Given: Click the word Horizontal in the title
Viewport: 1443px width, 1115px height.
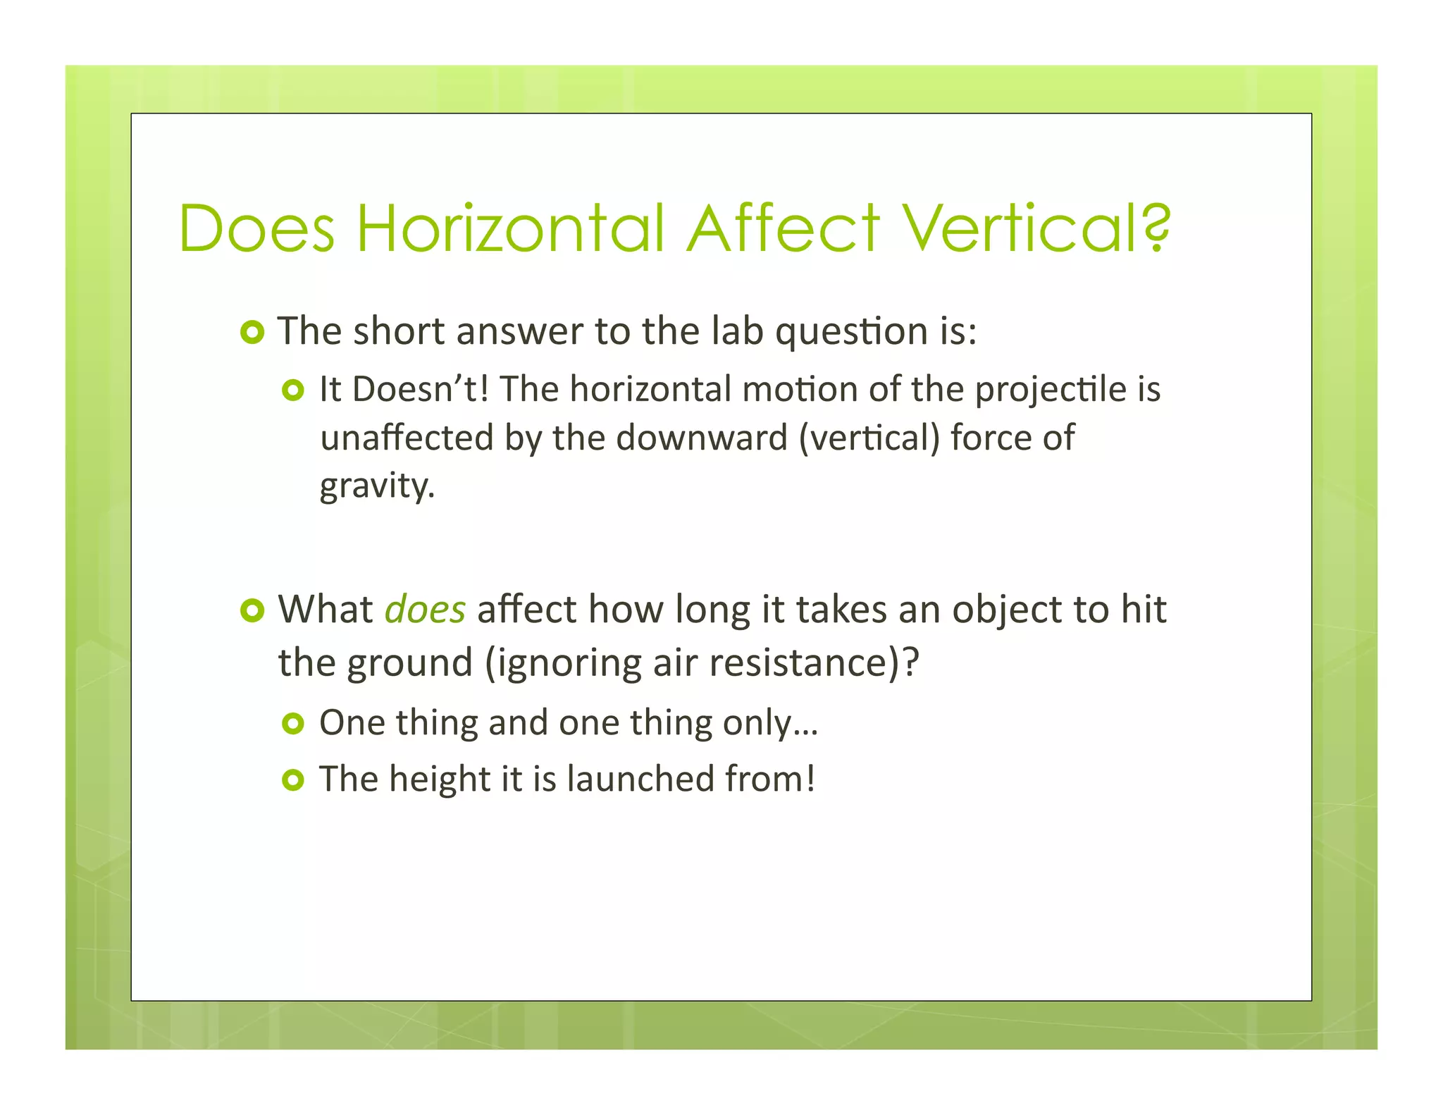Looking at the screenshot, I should point(511,228).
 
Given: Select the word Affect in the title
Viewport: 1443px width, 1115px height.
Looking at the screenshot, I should point(784,228).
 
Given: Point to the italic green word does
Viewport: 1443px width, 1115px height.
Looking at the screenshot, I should point(425,609).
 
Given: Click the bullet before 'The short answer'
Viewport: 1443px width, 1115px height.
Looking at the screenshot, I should point(252,331).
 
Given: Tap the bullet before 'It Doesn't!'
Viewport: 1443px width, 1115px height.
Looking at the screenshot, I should point(292,390).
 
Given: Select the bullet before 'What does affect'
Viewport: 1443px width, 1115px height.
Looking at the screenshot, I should point(252,610).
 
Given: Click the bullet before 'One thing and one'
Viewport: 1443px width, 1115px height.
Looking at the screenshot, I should point(292,723).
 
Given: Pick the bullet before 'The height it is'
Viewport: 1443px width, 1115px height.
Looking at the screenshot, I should point(292,780).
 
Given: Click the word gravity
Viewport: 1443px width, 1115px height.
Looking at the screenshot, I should point(377,486).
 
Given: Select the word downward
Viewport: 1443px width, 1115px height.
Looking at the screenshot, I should point(702,438).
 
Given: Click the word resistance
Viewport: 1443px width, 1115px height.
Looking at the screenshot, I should point(813,663).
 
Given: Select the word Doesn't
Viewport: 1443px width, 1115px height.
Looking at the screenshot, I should point(420,389).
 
